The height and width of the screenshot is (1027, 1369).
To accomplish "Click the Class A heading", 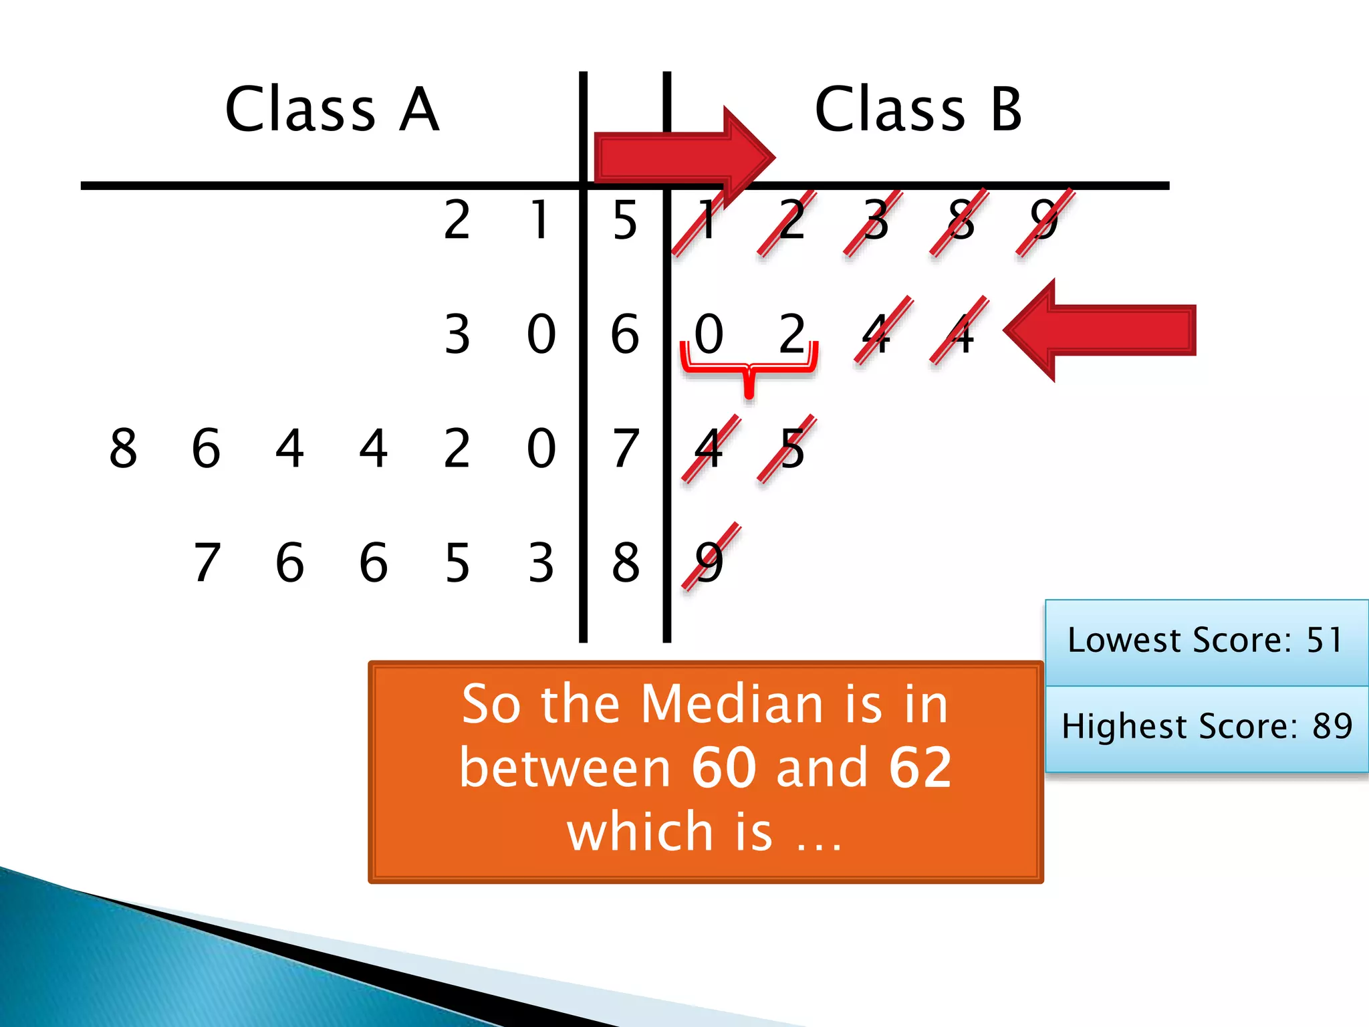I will [x=332, y=109].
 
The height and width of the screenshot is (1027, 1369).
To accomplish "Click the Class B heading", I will [x=918, y=109].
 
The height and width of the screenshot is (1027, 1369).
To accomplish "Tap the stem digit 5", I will [x=625, y=220].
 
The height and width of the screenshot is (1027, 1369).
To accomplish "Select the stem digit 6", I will [x=625, y=334].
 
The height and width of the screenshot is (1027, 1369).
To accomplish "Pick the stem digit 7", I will [x=625, y=448].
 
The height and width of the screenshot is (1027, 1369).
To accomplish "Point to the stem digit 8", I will [x=625, y=562].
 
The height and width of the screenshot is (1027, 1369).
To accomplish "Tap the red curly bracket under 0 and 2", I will [x=749, y=368].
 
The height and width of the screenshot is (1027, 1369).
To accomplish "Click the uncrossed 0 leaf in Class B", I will [x=709, y=334].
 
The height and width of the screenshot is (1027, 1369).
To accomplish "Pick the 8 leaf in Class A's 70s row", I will [x=123, y=448].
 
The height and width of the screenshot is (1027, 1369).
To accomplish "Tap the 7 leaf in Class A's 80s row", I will [x=207, y=562].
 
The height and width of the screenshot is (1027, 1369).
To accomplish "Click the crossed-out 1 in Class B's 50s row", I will [x=705, y=221].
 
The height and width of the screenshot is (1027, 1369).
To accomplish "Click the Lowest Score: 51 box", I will [x=1206, y=641].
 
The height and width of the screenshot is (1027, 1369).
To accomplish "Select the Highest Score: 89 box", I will [x=1206, y=727].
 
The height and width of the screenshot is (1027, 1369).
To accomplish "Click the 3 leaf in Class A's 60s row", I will [x=457, y=334].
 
